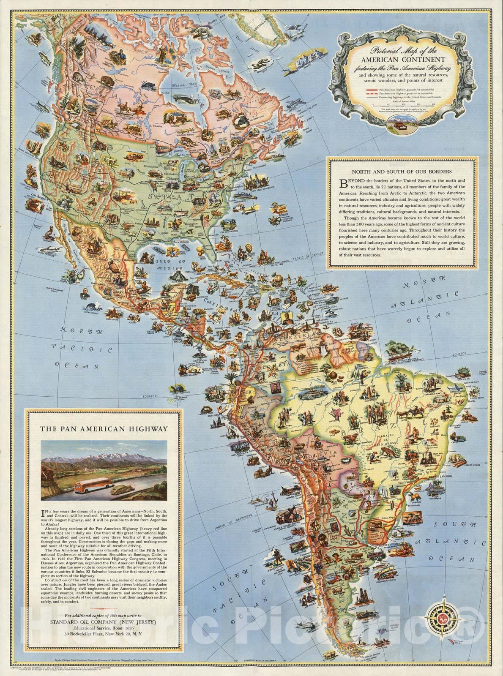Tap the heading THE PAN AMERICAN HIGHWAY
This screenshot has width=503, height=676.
pyautogui.click(x=104, y=428)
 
